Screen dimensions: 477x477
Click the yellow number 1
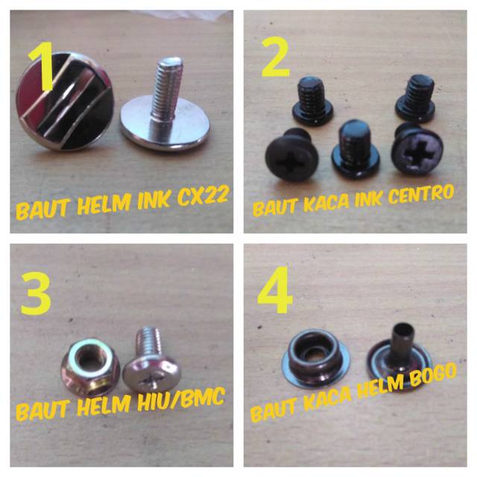(42, 66)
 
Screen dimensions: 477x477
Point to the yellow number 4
(275, 290)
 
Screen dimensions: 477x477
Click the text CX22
(203, 195)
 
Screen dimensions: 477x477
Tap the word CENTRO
(421, 194)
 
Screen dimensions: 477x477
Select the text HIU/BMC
(181, 398)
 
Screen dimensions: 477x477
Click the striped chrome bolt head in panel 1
(65, 102)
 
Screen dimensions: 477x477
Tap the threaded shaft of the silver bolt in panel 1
(166, 89)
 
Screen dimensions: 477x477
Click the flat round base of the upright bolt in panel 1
(165, 124)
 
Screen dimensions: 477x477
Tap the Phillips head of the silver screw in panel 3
(152, 375)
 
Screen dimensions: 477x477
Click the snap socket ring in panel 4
(315, 356)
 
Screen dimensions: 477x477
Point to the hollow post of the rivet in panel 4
(402, 338)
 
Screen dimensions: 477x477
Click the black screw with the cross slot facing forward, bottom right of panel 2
(417, 149)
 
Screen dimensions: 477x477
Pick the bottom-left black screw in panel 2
(292, 154)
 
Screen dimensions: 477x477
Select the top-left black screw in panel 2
(312, 101)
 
